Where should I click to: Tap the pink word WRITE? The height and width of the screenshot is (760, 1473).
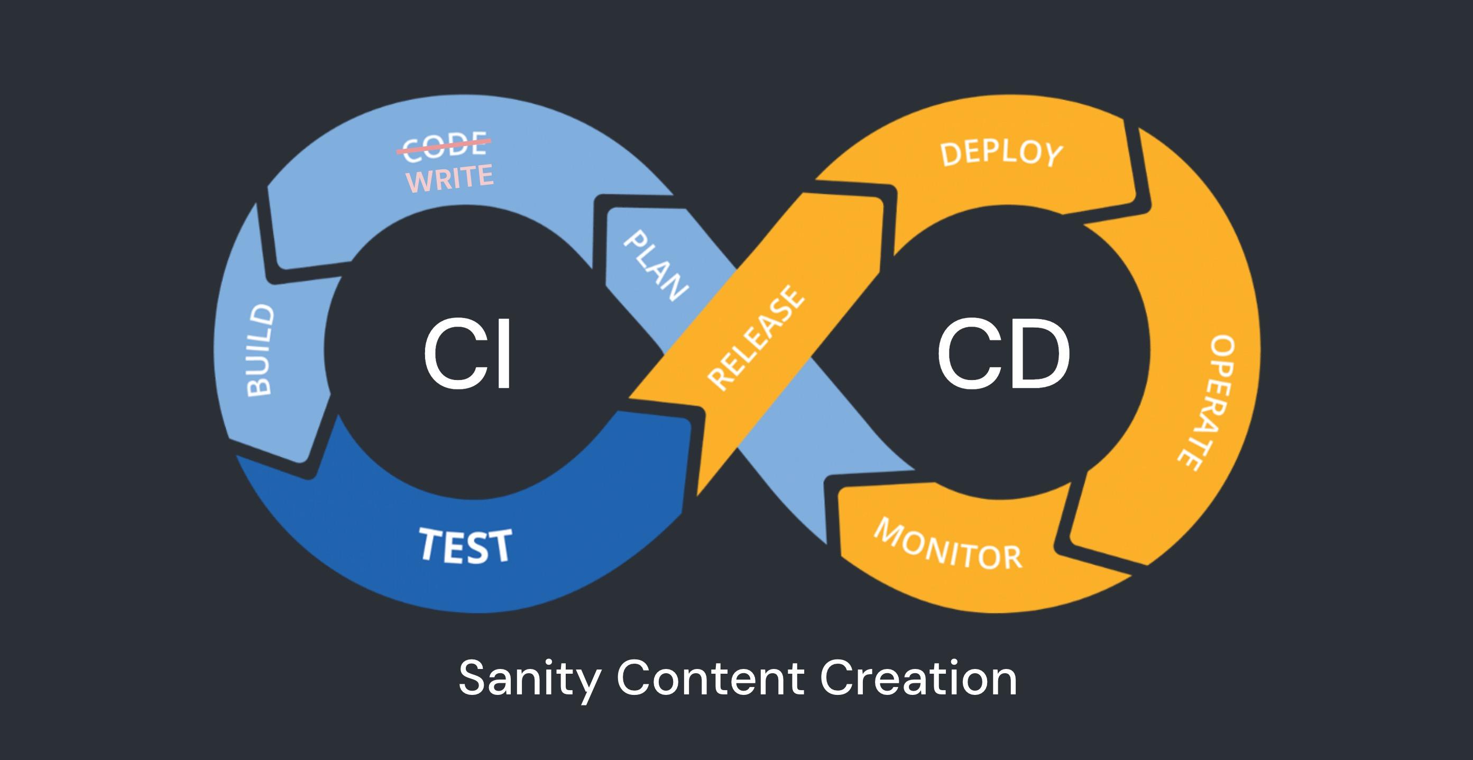pyautogui.click(x=449, y=178)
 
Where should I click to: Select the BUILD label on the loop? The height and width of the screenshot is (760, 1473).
pyautogui.click(x=260, y=350)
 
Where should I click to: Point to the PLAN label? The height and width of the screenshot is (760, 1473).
pyautogui.click(x=655, y=266)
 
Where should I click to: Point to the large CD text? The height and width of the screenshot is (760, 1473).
pyautogui.click(x=1003, y=354)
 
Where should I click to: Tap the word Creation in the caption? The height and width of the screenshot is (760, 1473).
pyautogui.click(x=918, y=677)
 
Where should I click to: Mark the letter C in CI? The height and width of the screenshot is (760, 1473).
pyautogui.click(x=452, y=354)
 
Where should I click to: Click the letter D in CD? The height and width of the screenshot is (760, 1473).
pyautogui.click(x=1038, y=354)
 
